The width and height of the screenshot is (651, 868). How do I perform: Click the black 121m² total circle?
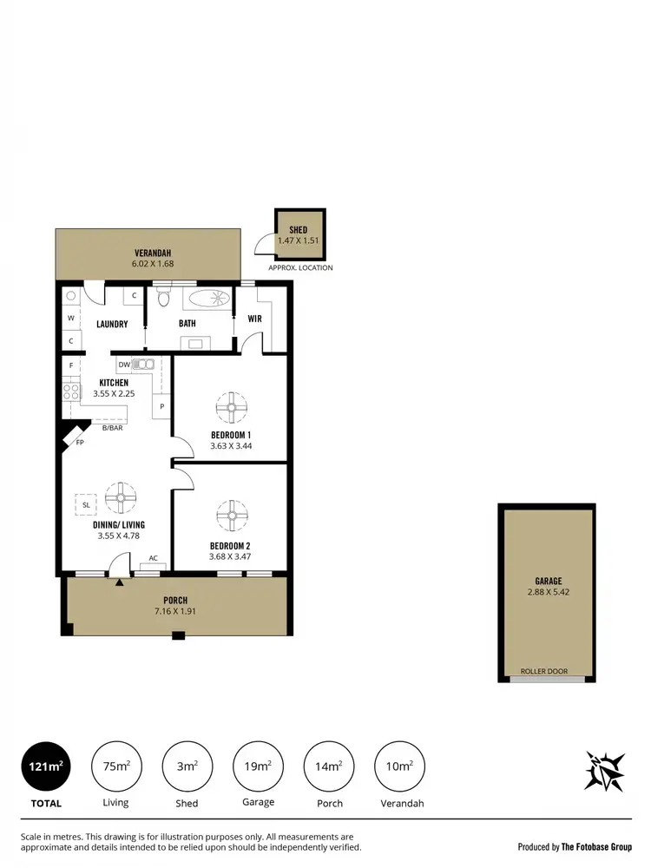tap(46, 766)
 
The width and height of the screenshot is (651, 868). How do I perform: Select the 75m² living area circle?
tap(116, 766)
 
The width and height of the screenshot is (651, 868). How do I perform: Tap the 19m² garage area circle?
tap(259, 766)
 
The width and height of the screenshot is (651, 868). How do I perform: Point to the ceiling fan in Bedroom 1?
tap(231, 406)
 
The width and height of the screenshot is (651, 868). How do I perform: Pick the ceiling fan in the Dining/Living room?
tap(121, 498)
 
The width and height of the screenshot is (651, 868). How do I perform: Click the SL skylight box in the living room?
tap(86, 503)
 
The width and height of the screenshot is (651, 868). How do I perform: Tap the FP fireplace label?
tap(80, 442)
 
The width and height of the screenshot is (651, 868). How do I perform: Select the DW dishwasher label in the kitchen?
tap(123, 365)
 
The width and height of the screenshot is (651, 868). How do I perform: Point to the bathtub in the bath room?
tap(209, 300)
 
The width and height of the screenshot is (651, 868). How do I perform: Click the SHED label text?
tap(299, 230)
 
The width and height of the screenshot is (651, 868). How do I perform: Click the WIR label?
tap(254, 319)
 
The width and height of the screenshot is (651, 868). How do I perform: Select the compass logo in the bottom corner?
tap(605, 771)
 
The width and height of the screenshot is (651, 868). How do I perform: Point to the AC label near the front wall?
tap(153, 558)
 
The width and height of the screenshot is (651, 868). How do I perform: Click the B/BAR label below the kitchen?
tap(112, 428)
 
